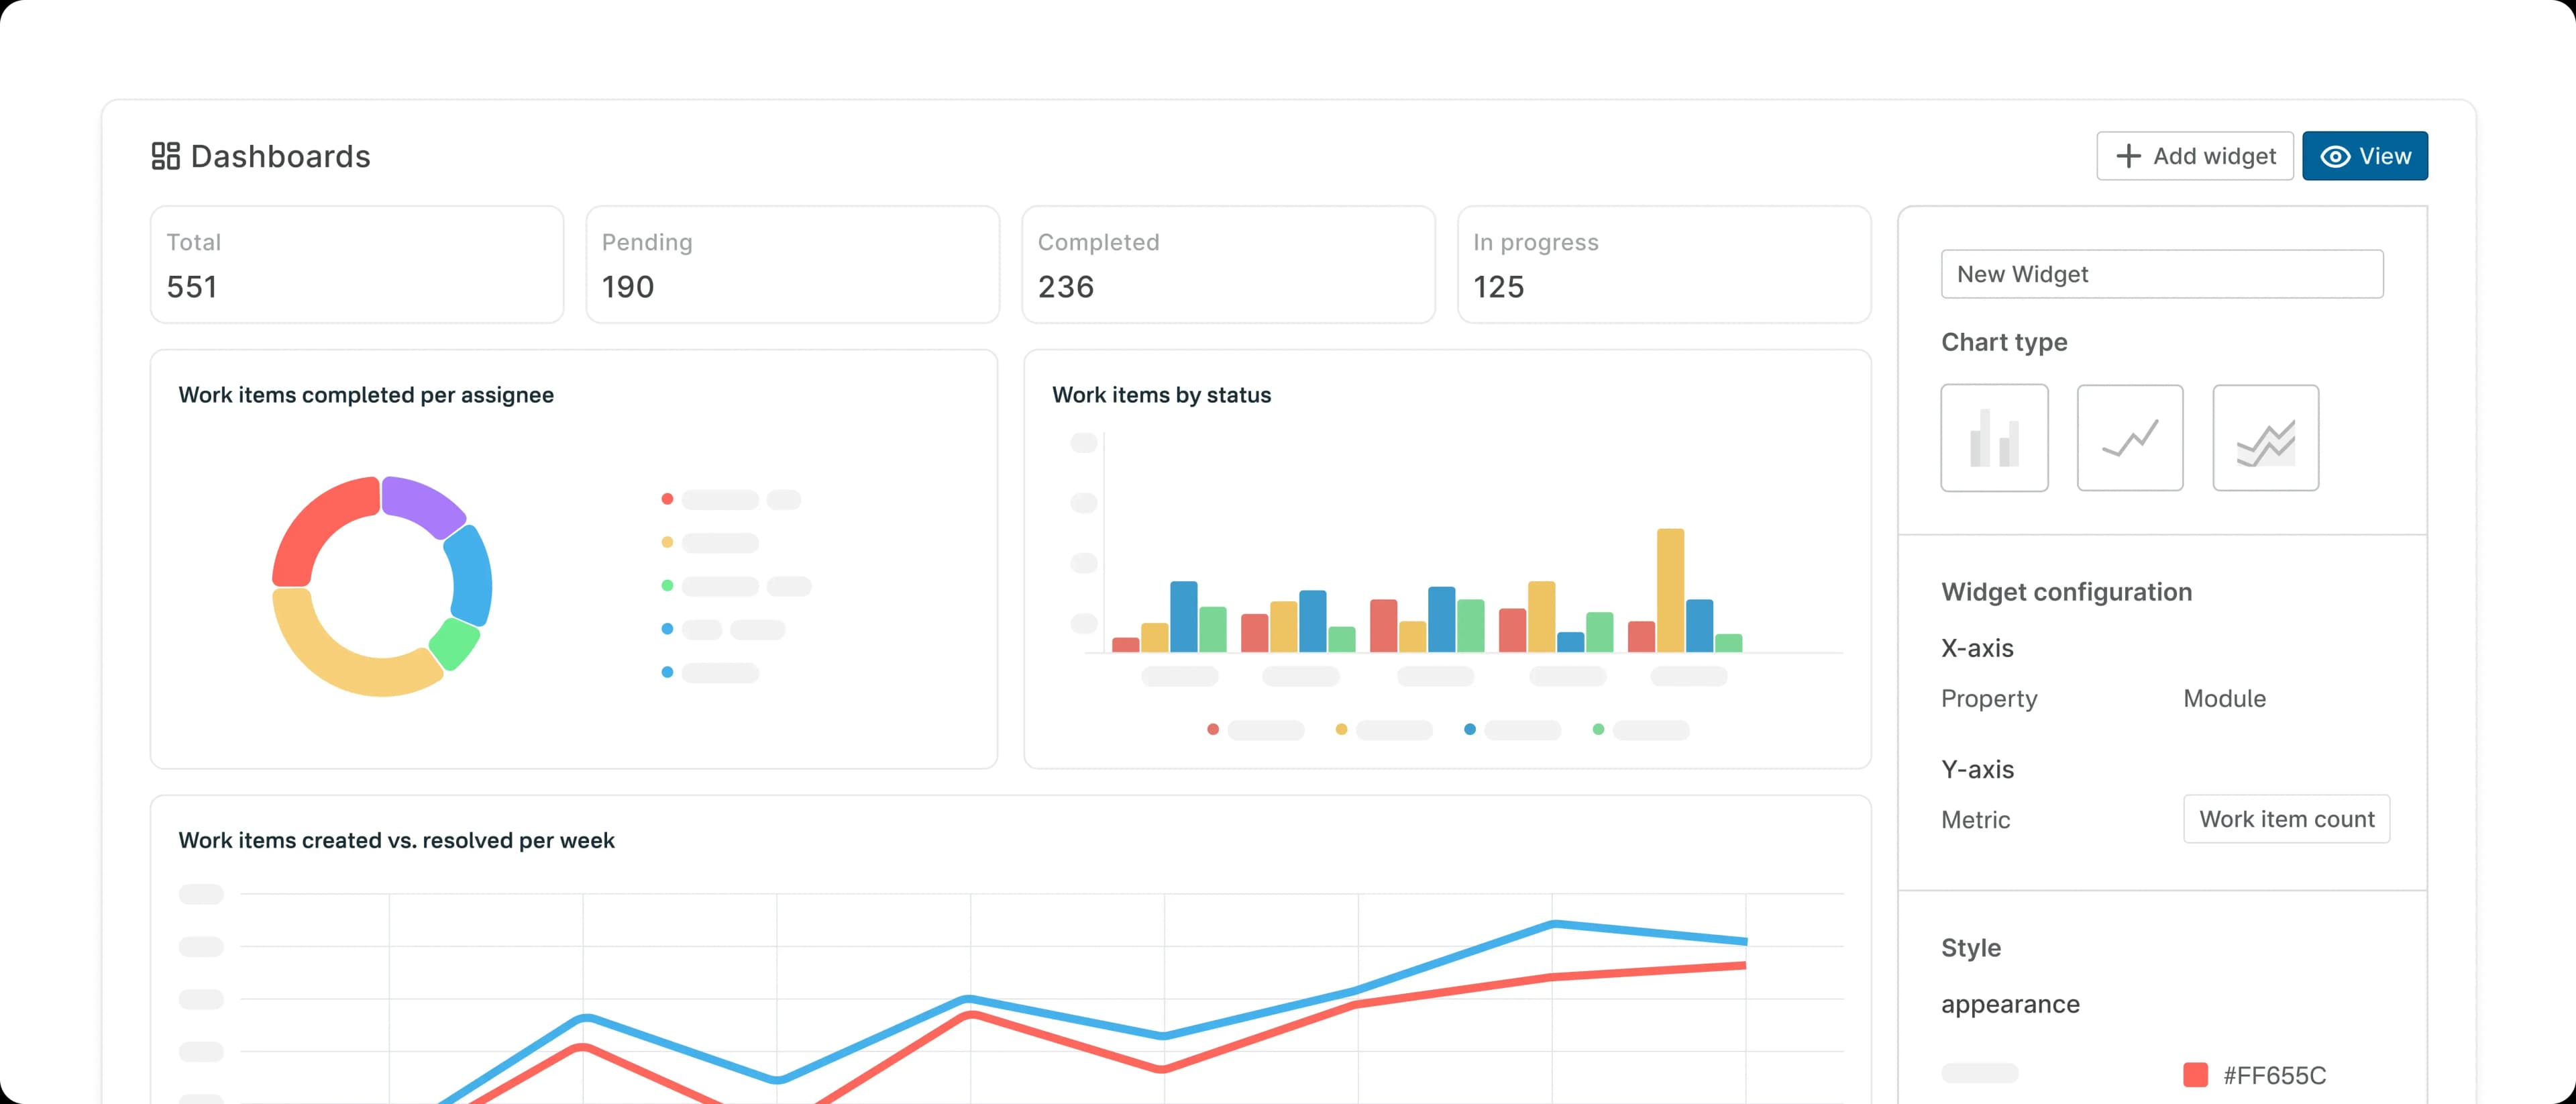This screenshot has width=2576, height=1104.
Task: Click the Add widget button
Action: pyautogui.click(x=2194, y=156)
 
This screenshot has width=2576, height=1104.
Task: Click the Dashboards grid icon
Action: pyautogui.click(x=165, y=156)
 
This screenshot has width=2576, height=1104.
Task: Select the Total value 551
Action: pyautogui.click(x=192, y=287)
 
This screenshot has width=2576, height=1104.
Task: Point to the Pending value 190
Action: pyautogui.click(x=628, y=287)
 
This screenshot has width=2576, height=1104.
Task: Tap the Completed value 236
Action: pyautogui.click(x=1066, y=287)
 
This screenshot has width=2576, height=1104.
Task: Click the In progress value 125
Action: pyautogui.click(x=1498, y=287)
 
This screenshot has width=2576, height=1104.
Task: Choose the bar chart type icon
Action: pyautogui.click(x=1994, y=438)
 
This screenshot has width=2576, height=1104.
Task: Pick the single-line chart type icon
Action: pyautogui.click(x=2130, y=438)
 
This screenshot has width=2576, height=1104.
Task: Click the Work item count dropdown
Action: pyautogui.click(x=2286, y=819)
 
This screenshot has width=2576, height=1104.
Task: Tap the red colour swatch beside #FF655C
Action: pyautogui.click(x=2195, y=1075)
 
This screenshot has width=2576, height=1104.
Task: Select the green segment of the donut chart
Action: pyautogui.click(x=455, y=643)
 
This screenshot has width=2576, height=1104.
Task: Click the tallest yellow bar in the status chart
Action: pyautogui.click(x=1670, y=590)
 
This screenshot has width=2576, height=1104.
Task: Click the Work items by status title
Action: pyautogui.click(x=1161, y=395)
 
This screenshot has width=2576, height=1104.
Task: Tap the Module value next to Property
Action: pyautogui.click(x=2224, y=698)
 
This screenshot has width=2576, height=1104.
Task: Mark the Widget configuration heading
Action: pyautogui.click(x=2066, y=592)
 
